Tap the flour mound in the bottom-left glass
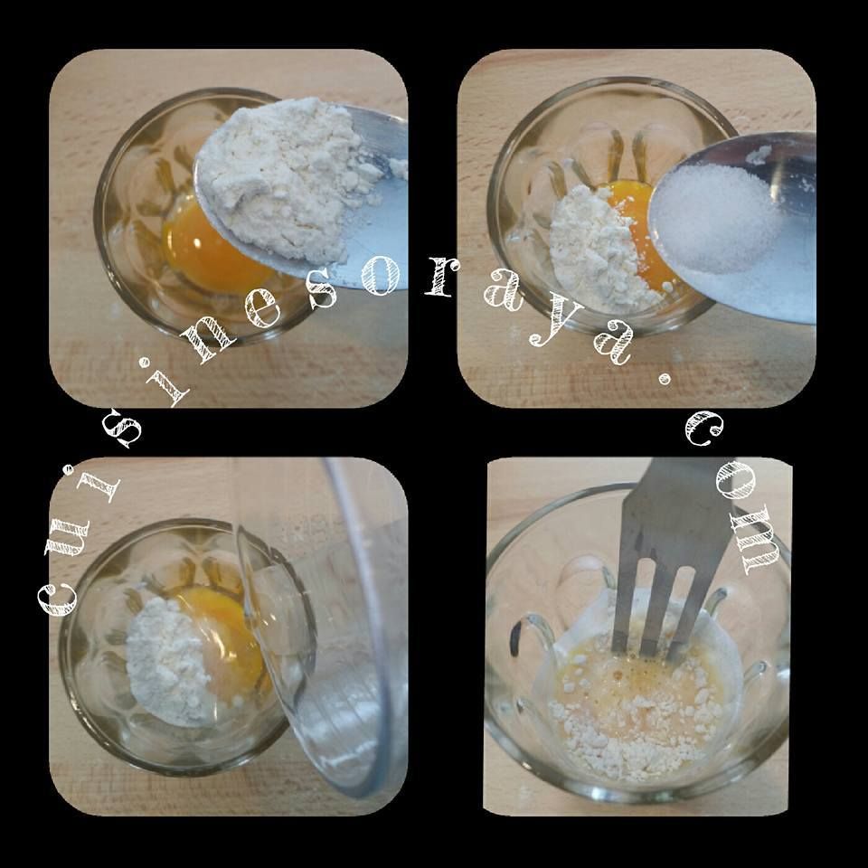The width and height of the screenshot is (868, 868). pyautogui.click(x=169, y=662)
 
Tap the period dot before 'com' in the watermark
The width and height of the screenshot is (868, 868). pyautogui.click(x=664, y=380)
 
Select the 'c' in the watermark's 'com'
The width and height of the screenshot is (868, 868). pyautogui.click(x=704, y=429)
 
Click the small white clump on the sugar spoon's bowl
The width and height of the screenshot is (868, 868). pyautogui.click(x=758, y=156)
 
